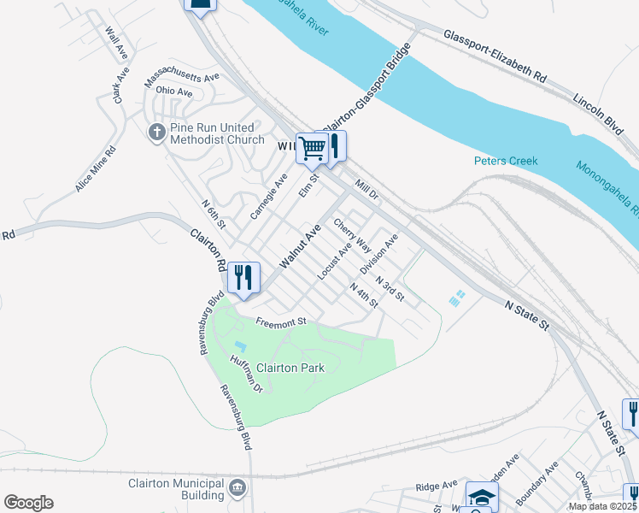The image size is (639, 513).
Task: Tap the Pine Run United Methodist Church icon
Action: pyautogui.click(x=156, y=133)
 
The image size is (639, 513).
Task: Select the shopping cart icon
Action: pyautogui.click(x=311, y=149)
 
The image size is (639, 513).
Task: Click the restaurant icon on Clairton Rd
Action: pyautogui.click(x=243, y=278)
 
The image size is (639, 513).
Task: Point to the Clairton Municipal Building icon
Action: pyautogui.click(x=238, y=489)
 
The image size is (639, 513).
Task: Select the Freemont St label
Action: pyautogui.click(x=280, y=322)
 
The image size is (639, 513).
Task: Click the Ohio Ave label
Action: pyautogui.click(x=174, y=91)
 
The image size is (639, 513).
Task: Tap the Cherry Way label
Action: pyautogui.click(x=352, y=234)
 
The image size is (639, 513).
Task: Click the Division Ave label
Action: pyautogui.click(x=379, y=255)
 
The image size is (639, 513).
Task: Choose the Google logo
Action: pyautogui.click(x=28, y=503)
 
